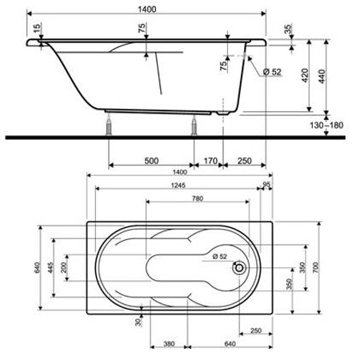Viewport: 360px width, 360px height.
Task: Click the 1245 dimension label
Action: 178,186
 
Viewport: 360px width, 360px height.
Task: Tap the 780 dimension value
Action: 198,198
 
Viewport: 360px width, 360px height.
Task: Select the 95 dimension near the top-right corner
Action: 266,184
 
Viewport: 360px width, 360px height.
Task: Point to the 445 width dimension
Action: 50,267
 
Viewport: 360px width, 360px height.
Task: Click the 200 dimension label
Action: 63,267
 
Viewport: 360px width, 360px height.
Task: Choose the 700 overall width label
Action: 315,267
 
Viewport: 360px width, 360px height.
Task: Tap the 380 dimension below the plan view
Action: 169,344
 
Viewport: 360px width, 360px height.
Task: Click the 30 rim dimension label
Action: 138,322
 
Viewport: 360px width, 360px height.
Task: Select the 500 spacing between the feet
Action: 151,161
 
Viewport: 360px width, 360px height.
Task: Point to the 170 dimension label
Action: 210,161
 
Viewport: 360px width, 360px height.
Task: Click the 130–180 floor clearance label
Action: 326,125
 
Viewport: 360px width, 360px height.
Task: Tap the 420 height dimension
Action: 305,75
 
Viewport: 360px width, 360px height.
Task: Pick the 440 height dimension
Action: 322,76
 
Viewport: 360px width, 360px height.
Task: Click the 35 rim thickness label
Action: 288,29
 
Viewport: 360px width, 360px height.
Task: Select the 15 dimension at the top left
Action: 37,27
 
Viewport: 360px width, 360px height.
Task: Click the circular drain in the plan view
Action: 239,268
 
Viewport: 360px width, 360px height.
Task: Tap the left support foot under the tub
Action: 109,127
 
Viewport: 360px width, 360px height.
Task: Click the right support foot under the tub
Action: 194,126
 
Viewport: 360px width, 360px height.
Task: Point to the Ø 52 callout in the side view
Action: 272,72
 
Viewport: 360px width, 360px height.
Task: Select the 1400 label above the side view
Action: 147,10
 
